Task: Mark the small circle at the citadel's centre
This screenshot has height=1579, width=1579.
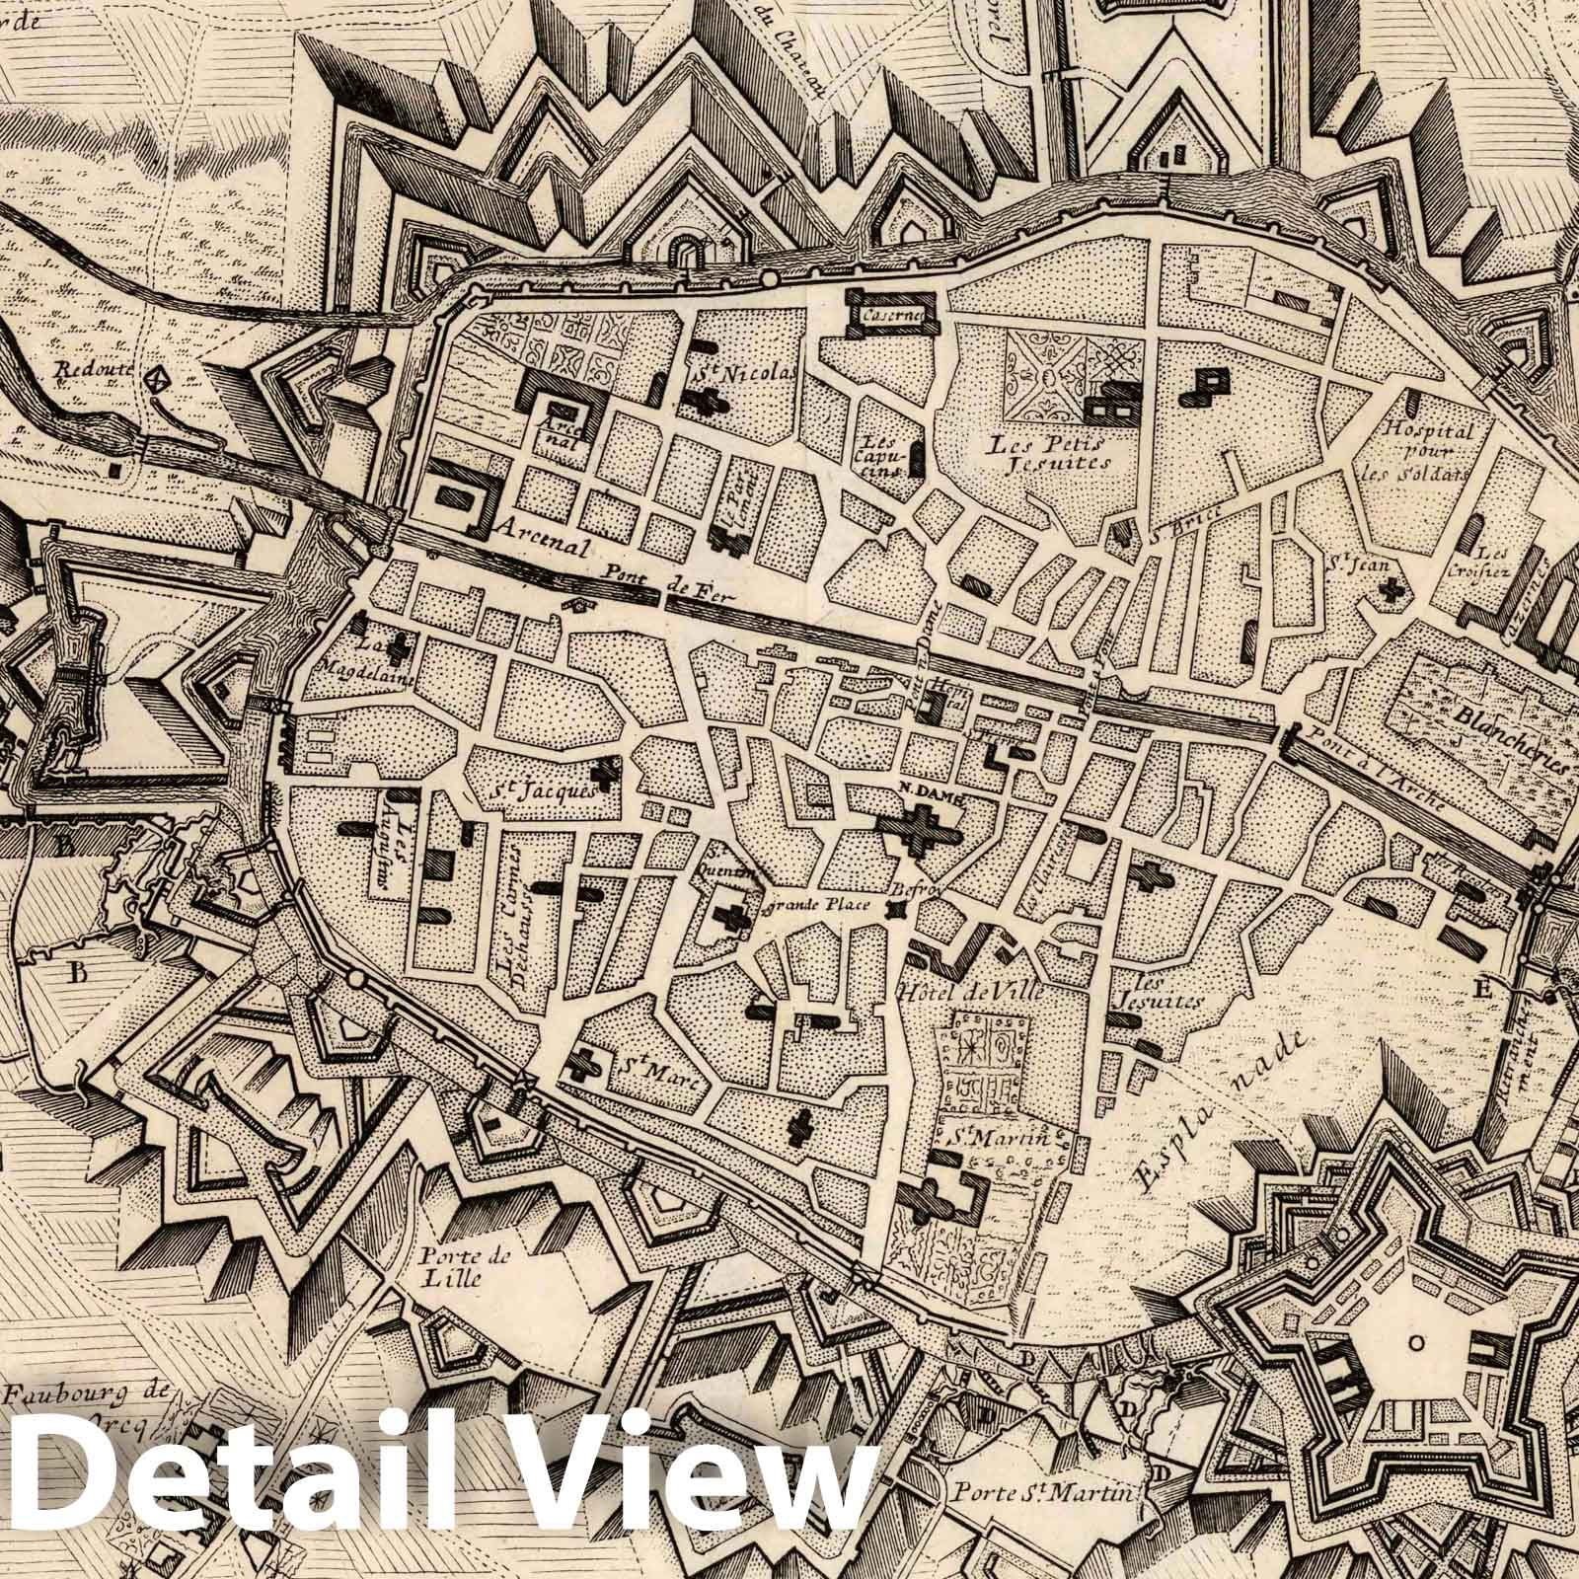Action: pyautogui.click(x=1416, y=1342)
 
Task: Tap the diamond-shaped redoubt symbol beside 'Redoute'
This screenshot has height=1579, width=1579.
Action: pyautogui.click(x=156, y=378)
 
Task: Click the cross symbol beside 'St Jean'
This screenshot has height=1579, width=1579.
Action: pyautogui.click(x=1392, y=590)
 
